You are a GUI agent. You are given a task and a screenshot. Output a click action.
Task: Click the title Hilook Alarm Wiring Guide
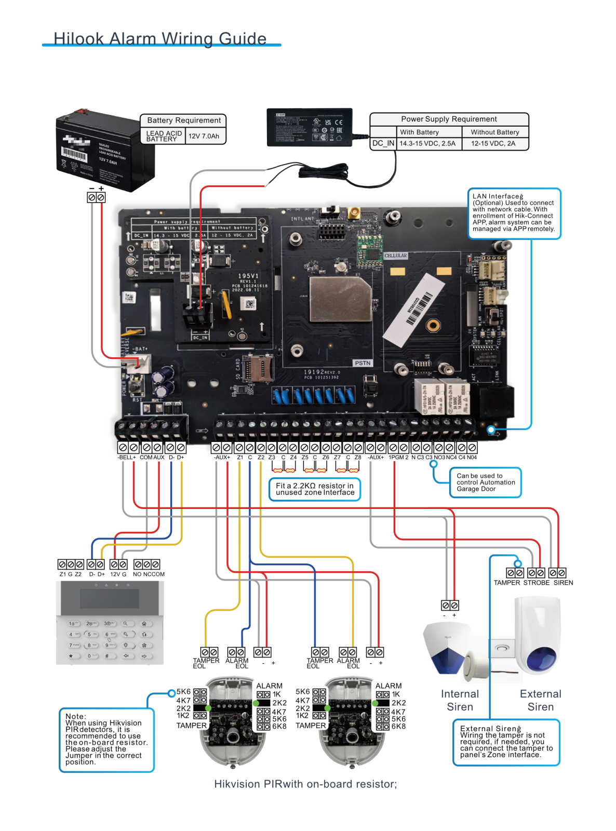click(160, 39)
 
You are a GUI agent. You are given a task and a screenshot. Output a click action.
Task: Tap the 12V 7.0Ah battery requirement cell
click(204, 136)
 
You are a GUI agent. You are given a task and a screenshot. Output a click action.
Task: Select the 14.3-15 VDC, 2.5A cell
click(427, 143)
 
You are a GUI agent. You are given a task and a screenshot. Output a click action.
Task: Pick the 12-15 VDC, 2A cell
click(493, 143)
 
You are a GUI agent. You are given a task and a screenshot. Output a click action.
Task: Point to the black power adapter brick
click(310, 127)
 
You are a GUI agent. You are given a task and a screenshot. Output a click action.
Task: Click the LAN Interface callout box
click(514, 213)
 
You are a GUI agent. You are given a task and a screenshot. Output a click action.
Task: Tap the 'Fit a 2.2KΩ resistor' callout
click(315, 489)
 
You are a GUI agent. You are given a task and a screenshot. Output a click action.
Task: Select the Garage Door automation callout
click(485, 482)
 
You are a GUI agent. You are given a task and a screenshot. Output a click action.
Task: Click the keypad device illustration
click(110, 623)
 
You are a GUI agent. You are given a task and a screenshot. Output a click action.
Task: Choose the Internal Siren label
click(460, 700)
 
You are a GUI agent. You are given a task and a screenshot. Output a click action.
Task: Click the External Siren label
click(540, 700)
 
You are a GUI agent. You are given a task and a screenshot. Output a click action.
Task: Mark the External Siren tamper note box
click(506, 742)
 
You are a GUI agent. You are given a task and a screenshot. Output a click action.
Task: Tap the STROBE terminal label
click(536, 583)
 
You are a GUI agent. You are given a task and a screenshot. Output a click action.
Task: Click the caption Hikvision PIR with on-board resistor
click(305, 784)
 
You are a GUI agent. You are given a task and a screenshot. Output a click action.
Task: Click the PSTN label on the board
click(363, 363)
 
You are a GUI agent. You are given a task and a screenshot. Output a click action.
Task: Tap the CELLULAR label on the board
click(396, 256)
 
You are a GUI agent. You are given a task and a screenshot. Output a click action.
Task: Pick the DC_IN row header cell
click(383, 143)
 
